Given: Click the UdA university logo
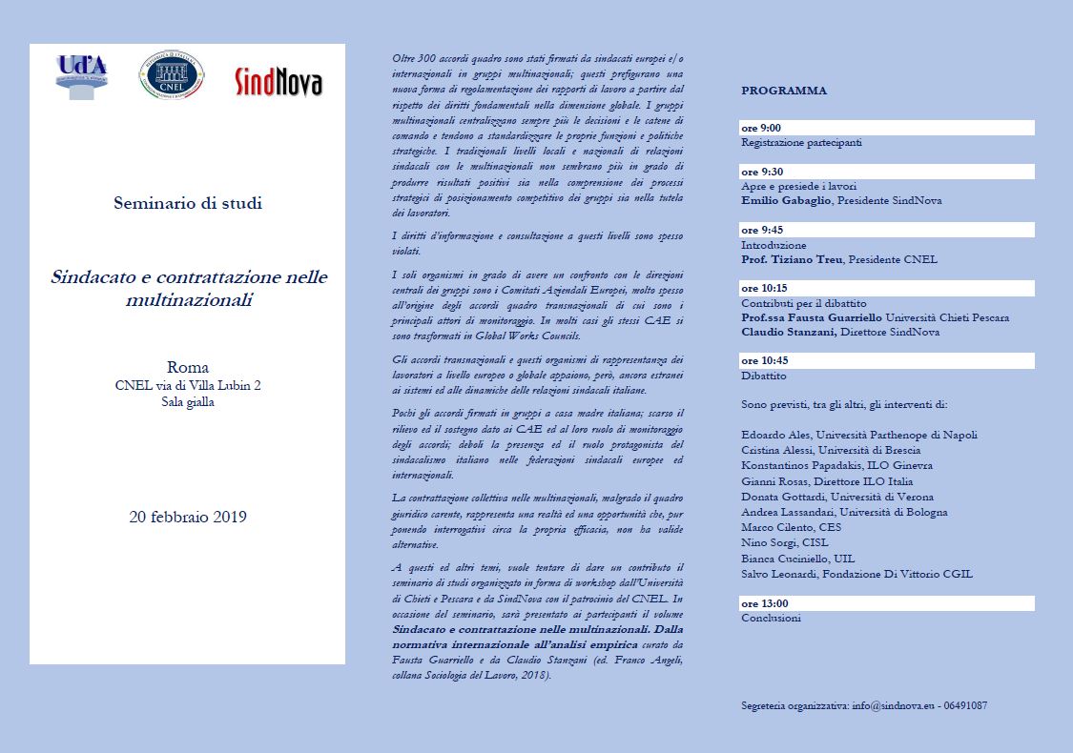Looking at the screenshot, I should click(x=82, y=76).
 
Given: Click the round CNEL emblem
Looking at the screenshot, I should click(x=172, y=75).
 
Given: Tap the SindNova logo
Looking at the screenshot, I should click(x=279, y=83).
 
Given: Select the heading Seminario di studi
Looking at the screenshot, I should click(x=187, y=203).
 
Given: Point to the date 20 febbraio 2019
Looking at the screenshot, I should click(x=188, y=518).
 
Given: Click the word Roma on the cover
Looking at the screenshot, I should click(x=188, y=368).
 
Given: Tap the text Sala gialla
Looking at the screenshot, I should click(x=188, y=402).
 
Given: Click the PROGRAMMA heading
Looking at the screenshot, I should click(x=784, y=91).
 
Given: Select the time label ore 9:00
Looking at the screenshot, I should click(x=762, y=128).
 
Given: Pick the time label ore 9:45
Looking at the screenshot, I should click(x=762, y=230).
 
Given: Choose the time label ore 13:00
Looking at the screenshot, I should click(x=765, y=603).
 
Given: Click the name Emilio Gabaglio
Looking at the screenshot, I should click(x=787, y=201).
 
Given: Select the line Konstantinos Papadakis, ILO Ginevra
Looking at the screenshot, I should click(x=836, y=465).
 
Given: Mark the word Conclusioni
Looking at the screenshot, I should click(x=771, y=618).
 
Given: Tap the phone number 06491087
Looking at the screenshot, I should click(x=963, y=706).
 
